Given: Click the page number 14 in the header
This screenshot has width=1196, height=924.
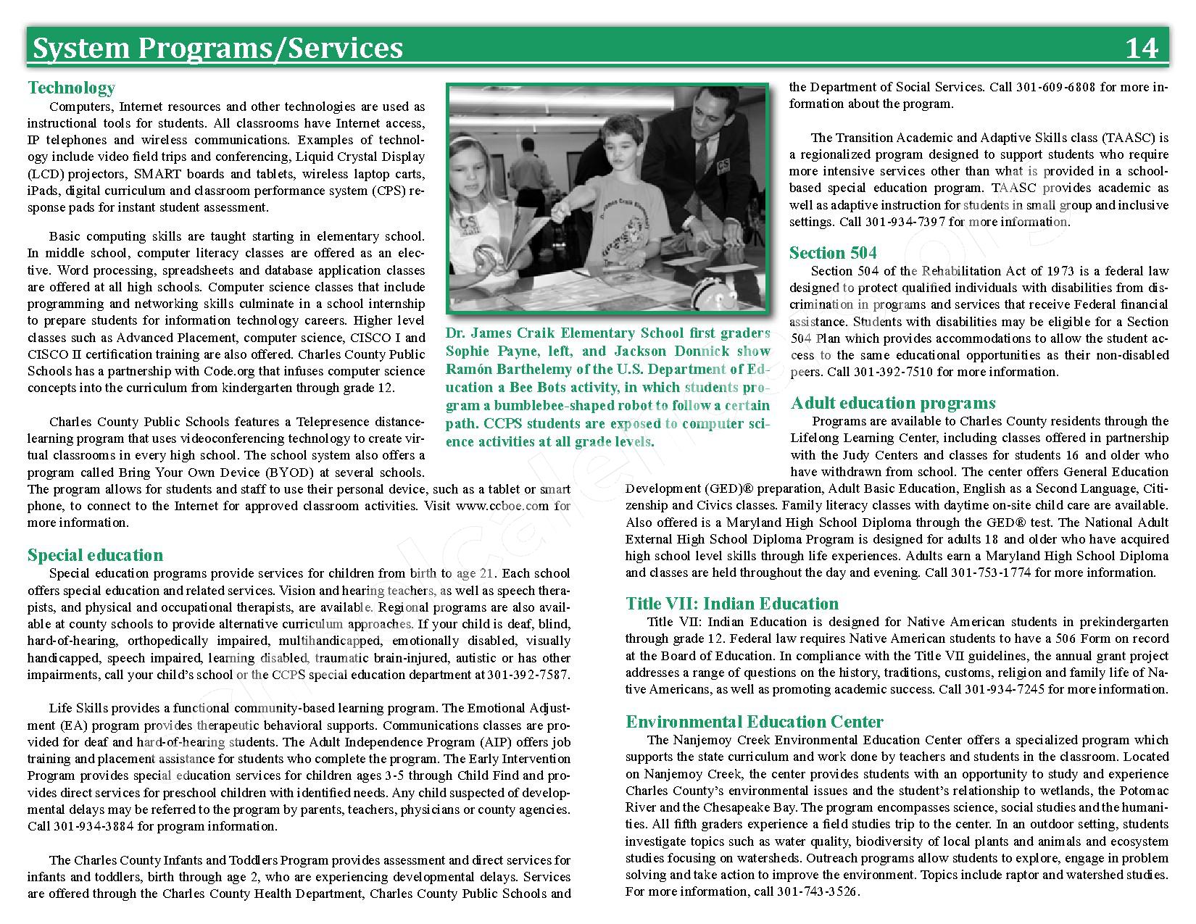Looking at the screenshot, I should (x=1142, y=48).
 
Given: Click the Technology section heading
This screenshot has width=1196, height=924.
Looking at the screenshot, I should (x=71, y=88).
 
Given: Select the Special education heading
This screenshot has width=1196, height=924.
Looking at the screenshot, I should (x=95, y=555).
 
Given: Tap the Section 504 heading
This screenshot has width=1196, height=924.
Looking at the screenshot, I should (x=833, y=253).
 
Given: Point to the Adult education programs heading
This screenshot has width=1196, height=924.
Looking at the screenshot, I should (x=893, y=403).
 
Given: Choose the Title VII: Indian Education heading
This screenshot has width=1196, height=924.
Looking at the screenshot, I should (x=732, y=604).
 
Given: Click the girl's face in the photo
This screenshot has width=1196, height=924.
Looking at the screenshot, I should (x=473, y=177).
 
